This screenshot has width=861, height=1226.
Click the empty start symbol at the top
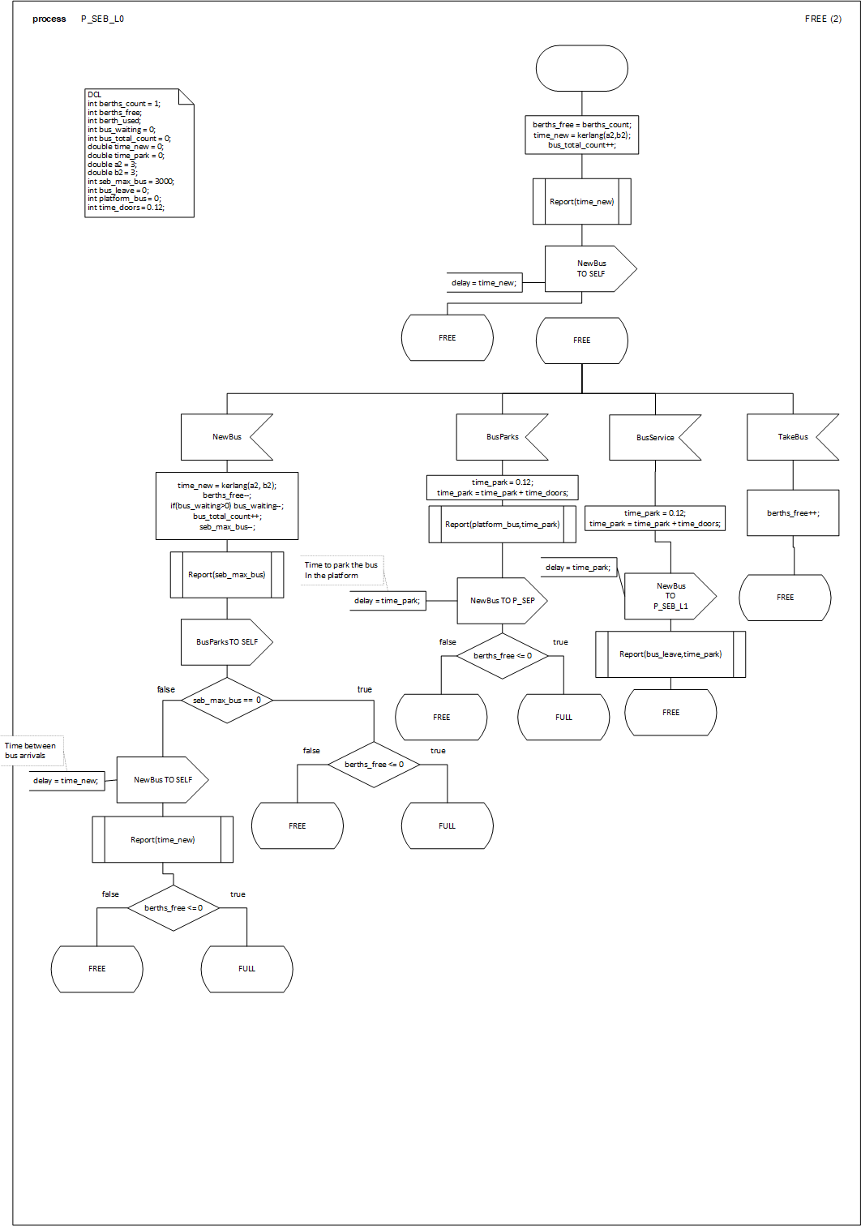click(x=581, y=68)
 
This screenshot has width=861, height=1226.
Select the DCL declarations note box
click(x=139, y=152)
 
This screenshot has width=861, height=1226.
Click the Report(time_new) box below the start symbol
click(x=581, y=201)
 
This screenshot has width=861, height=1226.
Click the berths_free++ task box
click(x=792, y=512)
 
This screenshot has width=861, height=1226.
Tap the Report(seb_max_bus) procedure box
click(x=226, y=575)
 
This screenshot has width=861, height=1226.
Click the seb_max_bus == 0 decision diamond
click(x=227, y=700)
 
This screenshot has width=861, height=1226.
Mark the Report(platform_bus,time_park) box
click(x=502, y=525)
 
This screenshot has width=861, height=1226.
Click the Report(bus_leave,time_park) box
click(x=670, y=654)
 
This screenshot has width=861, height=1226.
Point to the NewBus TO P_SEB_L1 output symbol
click(x=670, y=596)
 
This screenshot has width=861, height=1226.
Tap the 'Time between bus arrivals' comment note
click(x=33, y=751)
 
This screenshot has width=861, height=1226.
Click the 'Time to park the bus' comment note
click(x=341, y=570)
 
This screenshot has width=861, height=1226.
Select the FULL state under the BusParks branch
click(x=563, y=717)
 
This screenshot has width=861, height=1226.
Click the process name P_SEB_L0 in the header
click(x=102, y=19)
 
